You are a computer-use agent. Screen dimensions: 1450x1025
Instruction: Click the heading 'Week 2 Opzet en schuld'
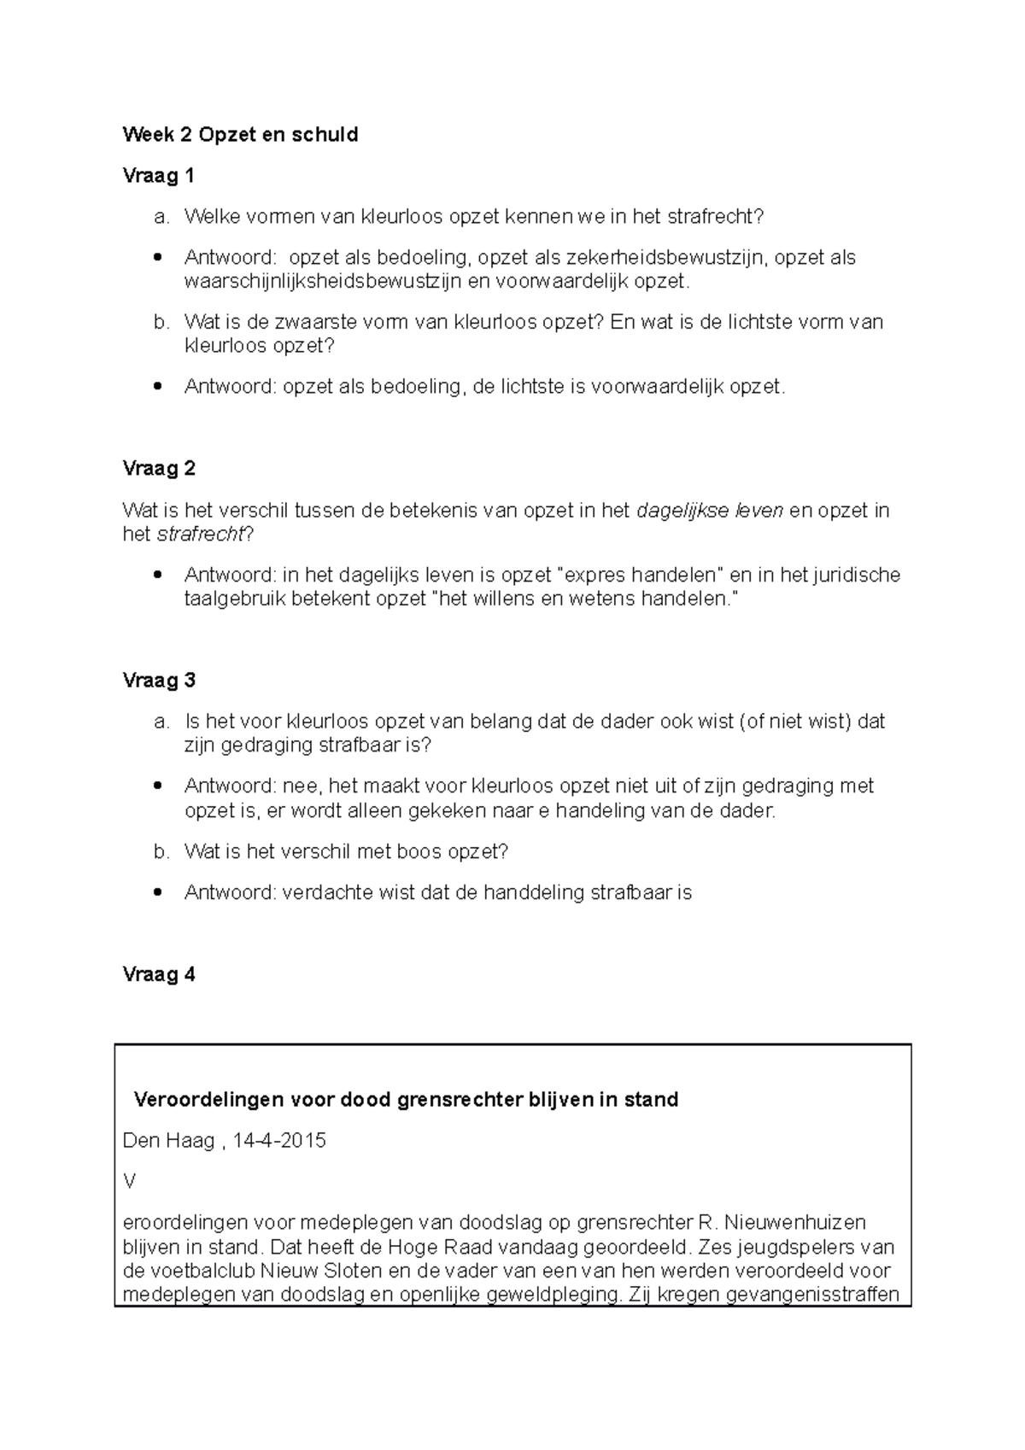click(x=240, y=135)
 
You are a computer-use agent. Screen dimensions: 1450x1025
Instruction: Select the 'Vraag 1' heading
click(x=159, y=176)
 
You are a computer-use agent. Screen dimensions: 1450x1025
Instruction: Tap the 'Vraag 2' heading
click(x=159, y=469)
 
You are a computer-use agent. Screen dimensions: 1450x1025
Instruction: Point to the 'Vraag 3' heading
click(x=159, y=681)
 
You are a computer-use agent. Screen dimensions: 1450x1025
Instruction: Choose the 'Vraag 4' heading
click(x=159, y=974)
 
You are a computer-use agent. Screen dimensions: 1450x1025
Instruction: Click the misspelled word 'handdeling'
click(x=534, y=893)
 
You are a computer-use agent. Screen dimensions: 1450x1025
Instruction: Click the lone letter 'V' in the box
click(x=130, y=1182)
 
